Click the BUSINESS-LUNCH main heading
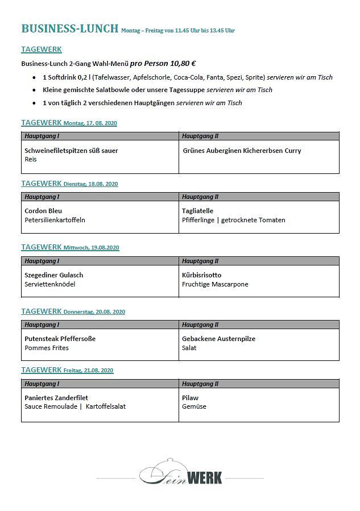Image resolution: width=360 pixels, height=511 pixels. click(x=69, y=28)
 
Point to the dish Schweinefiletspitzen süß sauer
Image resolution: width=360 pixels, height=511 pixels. click(x=71, y=151)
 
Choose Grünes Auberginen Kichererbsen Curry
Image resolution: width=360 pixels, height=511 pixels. click(x=242, y=151)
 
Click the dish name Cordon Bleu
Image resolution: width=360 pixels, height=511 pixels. click(x=43, y=211)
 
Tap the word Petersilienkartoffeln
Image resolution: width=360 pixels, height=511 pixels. click(x=55, y=220)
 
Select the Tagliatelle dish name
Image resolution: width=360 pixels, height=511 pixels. click(x=197, y=211)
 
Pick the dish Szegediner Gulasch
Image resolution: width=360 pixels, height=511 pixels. click(x=53, y=275)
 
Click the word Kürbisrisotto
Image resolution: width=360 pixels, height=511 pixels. click(x=201, y=275)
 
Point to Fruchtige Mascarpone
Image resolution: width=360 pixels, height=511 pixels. click(x=215, y=284)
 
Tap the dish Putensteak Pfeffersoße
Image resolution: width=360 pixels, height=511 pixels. click(x=60, y=339)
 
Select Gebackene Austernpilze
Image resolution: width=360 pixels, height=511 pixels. click(x=218, y=339)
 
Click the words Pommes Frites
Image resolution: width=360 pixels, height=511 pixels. click(x=47, y=348)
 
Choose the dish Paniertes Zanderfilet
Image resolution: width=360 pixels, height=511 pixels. click(x=56, y=398)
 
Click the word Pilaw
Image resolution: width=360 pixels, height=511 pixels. click(x=190, y=398)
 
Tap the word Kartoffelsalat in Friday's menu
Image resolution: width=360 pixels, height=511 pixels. click(x=106, y=406)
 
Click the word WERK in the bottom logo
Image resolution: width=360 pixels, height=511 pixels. click(x=204, y=476)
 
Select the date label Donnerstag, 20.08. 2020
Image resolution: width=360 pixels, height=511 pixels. click(x=94, y=312)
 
